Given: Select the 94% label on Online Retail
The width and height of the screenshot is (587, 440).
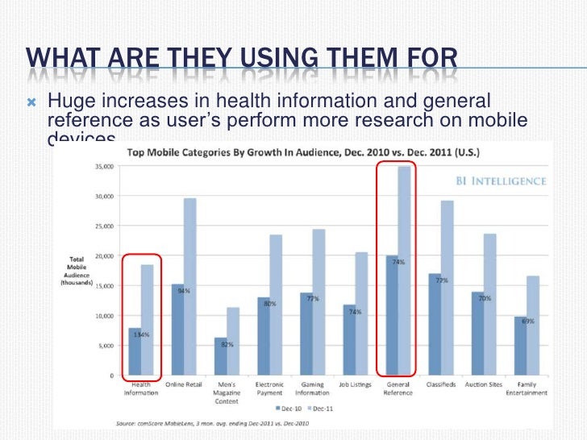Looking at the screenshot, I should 184,290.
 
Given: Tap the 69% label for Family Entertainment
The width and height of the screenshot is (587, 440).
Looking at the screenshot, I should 527,322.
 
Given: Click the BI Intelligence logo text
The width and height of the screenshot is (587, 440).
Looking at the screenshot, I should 498,181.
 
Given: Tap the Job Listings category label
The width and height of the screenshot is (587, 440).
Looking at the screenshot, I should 355,385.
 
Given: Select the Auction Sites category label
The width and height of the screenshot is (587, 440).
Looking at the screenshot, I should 485,385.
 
